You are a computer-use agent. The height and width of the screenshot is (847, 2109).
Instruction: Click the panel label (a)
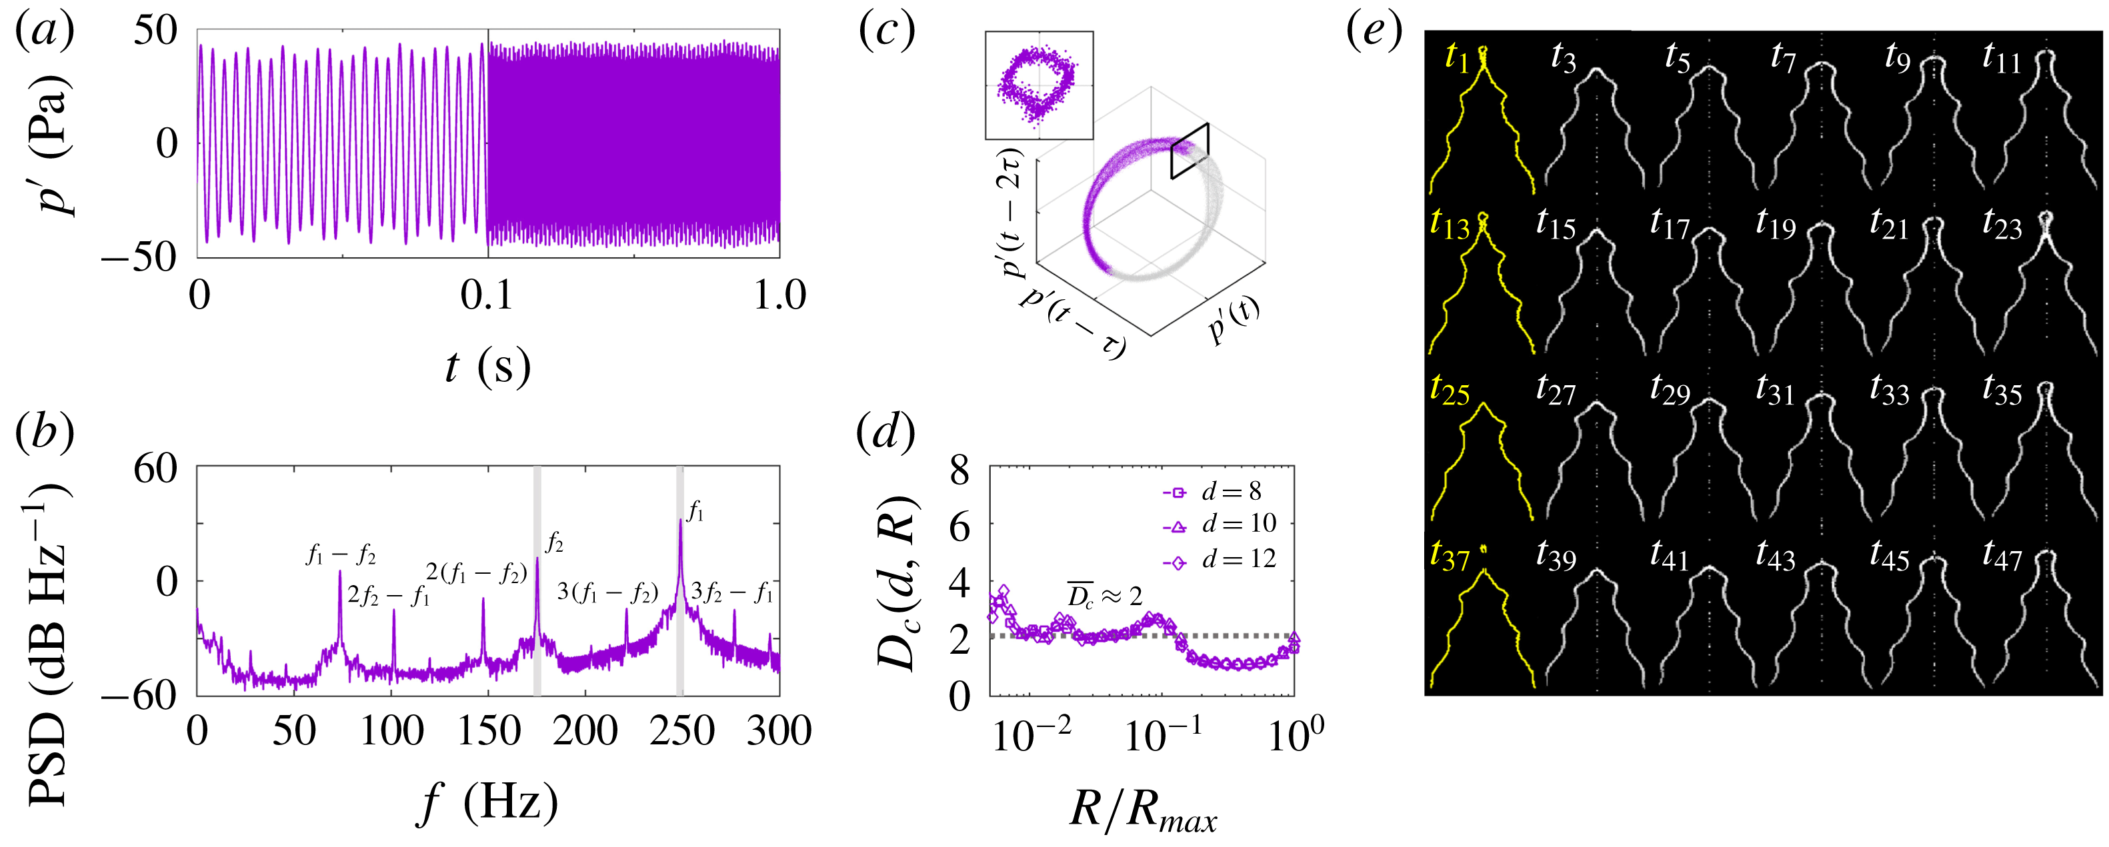(45, 31)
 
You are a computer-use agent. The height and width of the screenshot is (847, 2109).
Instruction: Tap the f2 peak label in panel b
(554, 542)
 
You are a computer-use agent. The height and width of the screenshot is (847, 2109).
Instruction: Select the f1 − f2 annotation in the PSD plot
(341, 555)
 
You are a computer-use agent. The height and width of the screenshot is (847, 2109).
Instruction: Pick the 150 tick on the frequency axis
(489, 731)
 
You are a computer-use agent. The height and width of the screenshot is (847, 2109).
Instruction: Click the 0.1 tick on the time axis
(487, 295)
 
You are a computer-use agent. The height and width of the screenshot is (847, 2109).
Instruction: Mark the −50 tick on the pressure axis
(139, 258)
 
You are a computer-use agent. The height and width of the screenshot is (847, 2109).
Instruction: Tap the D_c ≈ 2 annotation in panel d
(1104, 596)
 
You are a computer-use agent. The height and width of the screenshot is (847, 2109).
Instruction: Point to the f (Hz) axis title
(488, 803)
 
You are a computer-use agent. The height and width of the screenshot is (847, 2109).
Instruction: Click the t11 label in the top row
(2001, 57)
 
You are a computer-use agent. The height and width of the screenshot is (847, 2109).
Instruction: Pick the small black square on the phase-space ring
(1190, 151)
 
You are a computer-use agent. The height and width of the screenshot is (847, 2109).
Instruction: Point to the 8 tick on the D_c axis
(959, 470)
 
